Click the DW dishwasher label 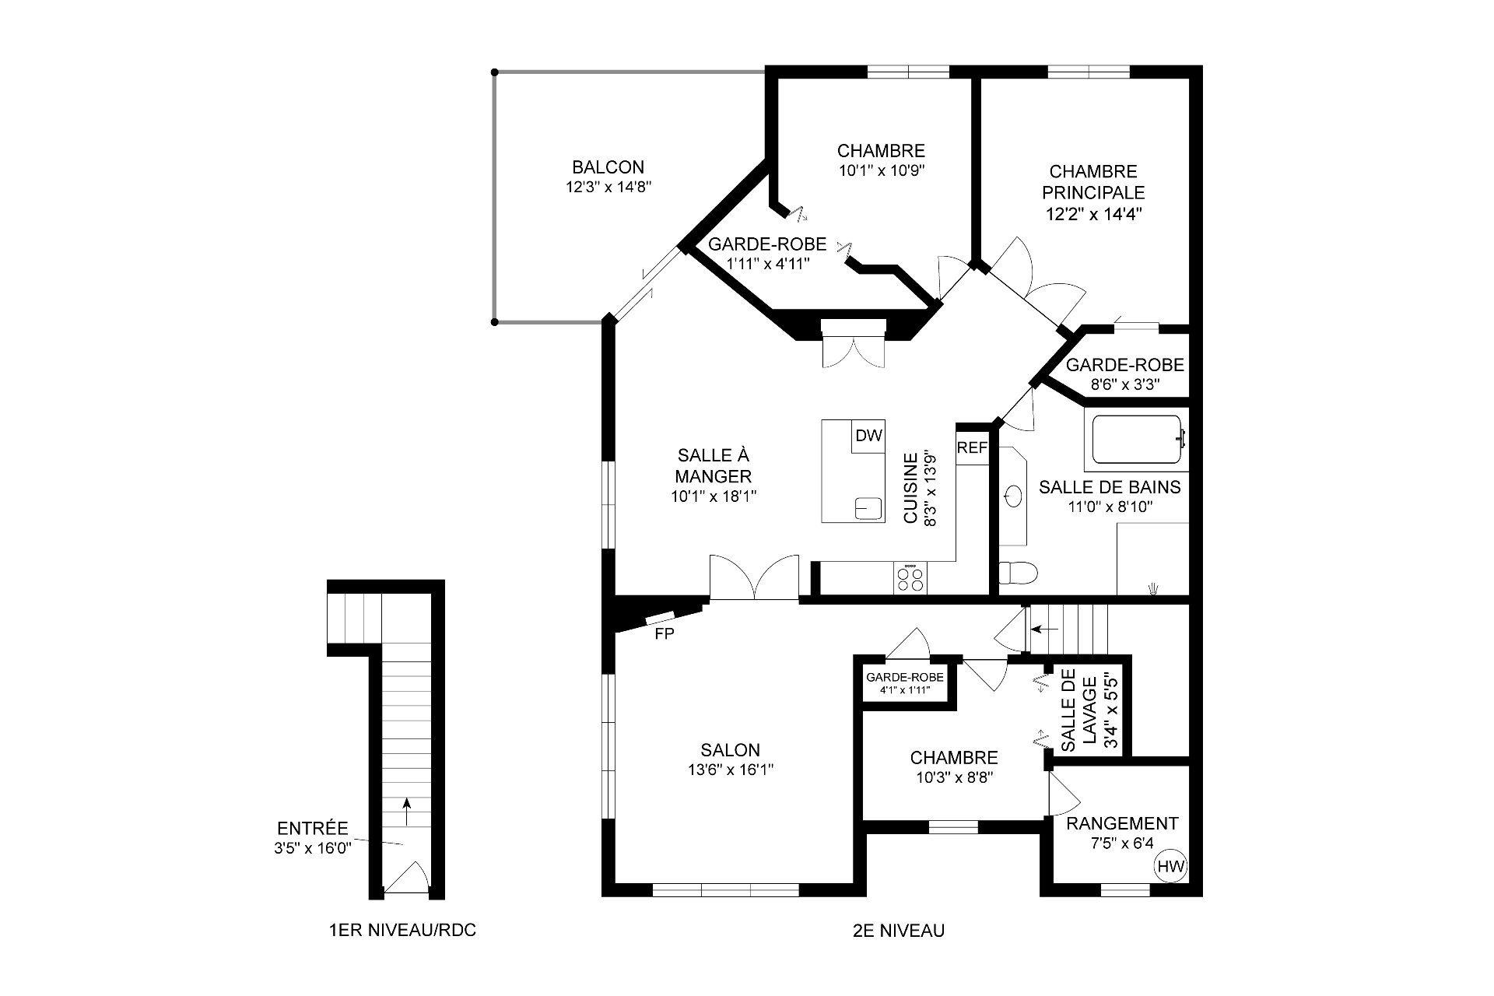coord(868,436)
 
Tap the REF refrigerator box coord(972,447)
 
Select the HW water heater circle coord(1170,866)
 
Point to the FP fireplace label coord(664,634)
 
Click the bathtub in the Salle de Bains coord(1137,440)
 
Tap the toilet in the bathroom coord(1018,573)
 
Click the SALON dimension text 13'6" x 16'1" coord(730,770)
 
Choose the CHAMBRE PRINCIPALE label coord(1093,181)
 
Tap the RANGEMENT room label coord(1122,823)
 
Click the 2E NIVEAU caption coord(899,931)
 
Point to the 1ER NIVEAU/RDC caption coord(402,931)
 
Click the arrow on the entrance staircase coord(405,812)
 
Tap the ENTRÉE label coord(313,829)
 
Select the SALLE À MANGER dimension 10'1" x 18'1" coord(714,496)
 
